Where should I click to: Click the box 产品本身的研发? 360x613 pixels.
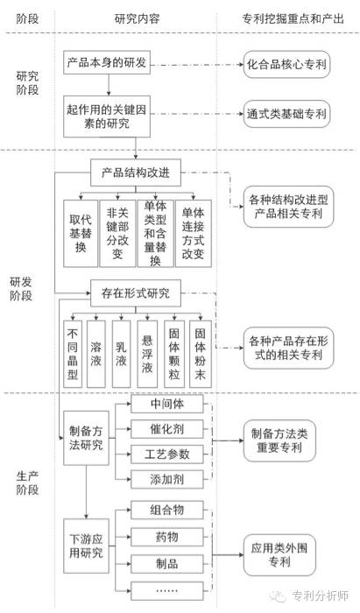click(107, 62)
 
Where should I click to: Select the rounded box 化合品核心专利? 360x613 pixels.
click(287, 64)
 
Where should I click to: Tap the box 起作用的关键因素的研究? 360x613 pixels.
click(107, 116)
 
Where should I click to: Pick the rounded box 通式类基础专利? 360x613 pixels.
click(287, 114)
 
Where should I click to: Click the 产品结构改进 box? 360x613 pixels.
click(136, 173)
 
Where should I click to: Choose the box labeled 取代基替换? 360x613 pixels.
click(81, 234)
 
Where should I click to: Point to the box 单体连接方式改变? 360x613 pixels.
click(194, 234)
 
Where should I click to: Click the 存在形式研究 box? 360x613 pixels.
click(136, 292)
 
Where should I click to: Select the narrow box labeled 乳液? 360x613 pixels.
click(121, 354)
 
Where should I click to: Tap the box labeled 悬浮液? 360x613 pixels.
click(147, 354)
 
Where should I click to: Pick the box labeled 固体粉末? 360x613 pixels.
click(200, 354)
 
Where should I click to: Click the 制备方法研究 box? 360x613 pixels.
click(86, 438)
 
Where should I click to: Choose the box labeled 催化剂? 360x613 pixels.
click(167, 429)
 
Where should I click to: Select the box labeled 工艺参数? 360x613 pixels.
click(167, 454)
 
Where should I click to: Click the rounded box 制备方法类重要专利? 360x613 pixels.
click(279, 440)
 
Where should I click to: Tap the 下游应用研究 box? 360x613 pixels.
click(86, 546)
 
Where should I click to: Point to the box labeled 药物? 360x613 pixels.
click(167, 537)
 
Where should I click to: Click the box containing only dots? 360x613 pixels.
click(167, 591)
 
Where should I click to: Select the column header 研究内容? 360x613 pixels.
click(138, 18)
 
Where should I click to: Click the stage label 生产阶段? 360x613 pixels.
click(27, 483)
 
